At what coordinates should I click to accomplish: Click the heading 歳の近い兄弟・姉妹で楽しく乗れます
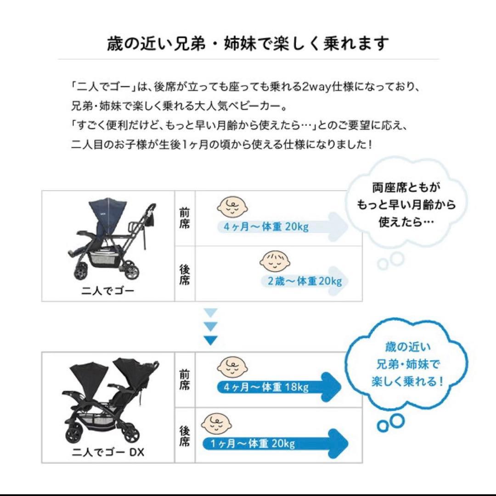click(x=248, y=44)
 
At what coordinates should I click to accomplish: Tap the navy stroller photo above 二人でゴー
click(x=111, y=239)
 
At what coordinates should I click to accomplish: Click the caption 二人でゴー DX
click(x=108, y=452)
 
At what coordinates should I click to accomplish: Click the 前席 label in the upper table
click(x=184, y=220)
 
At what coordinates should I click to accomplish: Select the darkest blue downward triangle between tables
click(x=210, y=341)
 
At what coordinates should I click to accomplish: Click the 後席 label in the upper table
click(x=184, y=275)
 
